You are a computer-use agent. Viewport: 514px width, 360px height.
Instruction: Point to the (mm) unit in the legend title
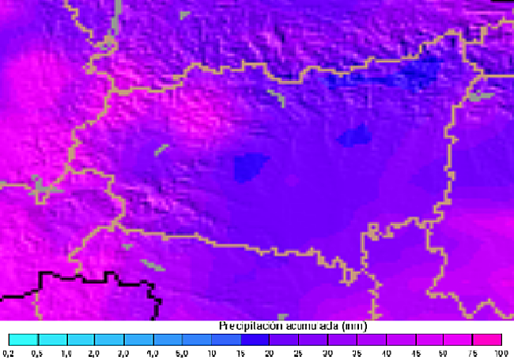click(354, 326)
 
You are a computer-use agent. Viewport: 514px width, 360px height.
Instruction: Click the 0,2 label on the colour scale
click(9, 353)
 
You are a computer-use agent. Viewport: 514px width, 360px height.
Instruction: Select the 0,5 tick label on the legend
click(38, 353)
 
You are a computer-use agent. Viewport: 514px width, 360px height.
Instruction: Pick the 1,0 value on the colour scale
click(66, 353)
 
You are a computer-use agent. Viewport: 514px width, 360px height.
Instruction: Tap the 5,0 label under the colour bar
click(183, 353)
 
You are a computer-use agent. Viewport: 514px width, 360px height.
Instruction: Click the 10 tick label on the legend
click(212, 353)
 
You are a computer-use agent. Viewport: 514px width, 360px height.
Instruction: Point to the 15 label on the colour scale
click(241, 353)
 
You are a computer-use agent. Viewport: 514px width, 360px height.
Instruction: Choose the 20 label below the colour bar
click(270, 353)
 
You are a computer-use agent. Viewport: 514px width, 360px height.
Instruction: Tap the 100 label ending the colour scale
click(500, 353)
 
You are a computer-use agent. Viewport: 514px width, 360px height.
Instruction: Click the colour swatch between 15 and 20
click(255, 339)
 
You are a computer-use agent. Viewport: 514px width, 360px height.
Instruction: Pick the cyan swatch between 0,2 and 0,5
click(24, 339)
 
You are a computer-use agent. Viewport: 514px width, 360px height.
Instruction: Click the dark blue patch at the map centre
click(251, 166)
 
